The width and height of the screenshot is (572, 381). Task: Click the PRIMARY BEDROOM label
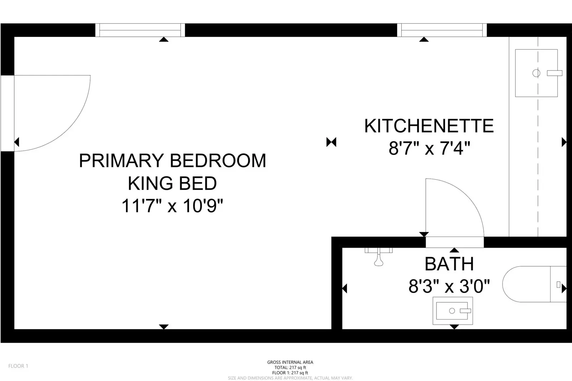pyautogui.click(x=172, y=160)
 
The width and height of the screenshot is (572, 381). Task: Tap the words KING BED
pyautogui.click(x=172, y=183)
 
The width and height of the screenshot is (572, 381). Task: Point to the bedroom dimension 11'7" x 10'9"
pyautogui.click(x=172, y=206)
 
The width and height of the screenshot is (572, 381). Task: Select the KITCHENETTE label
pyautogui.click(x=429, y=126)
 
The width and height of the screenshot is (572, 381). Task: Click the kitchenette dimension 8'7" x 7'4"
pyautogui.click(x=429, y=148)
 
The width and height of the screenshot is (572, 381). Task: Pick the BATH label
pyautogui.click(x=449, y=264)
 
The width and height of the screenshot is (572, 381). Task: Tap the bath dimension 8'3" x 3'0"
pyautogui.click(x=449, y=286)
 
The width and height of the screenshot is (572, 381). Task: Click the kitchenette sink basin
pyautogui.click(x=536, y=73)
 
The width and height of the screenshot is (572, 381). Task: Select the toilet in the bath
pyautogui.click(x=533, y=284)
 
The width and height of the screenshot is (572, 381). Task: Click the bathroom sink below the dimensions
pyautogui.click(x=453, y=311)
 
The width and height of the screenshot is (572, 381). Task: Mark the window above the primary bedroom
pyautogui.click(x=140, y=30)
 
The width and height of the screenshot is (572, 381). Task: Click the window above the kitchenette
pyautogui.click(x=442, y=30)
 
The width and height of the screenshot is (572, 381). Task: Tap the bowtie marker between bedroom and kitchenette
pyautogui.click(x=331, y=142)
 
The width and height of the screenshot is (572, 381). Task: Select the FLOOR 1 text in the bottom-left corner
pyautogui.click(x=18, y=366)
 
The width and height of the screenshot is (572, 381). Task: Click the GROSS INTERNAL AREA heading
pyautogui.click(x=290, y=362)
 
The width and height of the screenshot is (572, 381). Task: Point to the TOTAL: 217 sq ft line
pyautogui.click(x=290, y=367)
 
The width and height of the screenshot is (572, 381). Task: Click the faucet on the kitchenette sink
pyautogui.click(x=554, y=73)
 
